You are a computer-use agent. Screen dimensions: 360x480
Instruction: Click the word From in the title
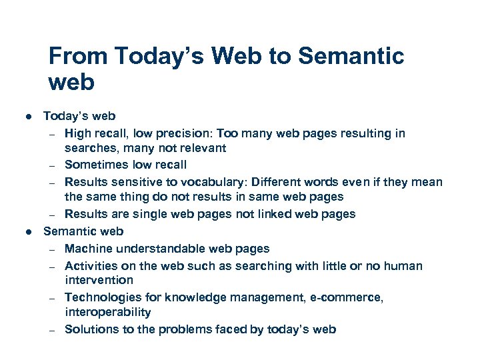pos(78,56)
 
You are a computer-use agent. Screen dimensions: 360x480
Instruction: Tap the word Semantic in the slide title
pos(351,56)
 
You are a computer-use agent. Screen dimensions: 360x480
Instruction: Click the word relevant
pos(203,148)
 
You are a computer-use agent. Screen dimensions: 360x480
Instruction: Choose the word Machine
pos(88,249)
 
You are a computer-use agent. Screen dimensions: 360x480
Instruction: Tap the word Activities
pos(89,266)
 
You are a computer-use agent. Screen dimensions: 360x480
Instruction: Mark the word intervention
pos(99,280)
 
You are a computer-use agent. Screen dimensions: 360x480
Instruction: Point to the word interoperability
pos(108,312)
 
